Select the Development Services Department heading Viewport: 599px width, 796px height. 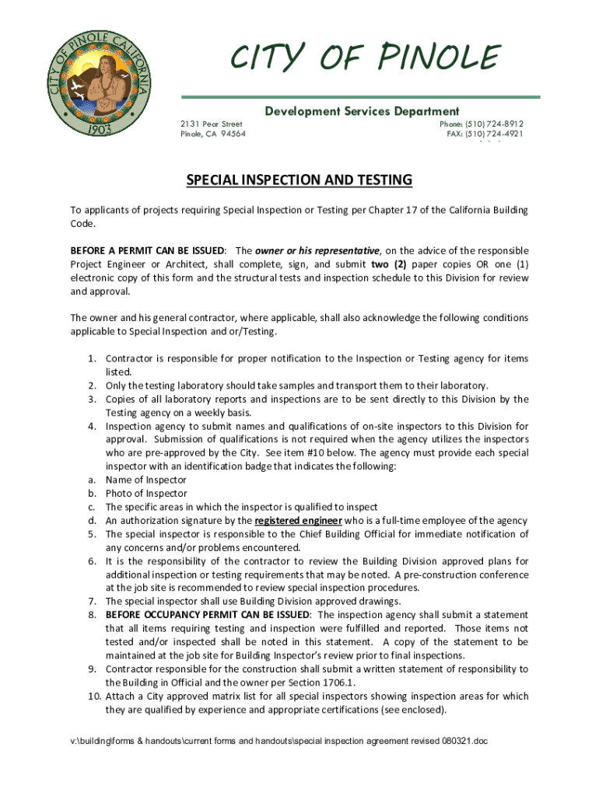click(362, 111)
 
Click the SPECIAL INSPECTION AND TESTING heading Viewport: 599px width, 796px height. click(299, 181)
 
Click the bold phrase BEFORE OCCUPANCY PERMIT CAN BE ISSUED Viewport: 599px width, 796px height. click(208, 615)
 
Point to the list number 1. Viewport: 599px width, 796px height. click(91, 359)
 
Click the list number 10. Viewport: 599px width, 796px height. click(93, 696)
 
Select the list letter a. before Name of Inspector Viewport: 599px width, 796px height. click(91, 480)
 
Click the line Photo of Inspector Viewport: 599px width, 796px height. click(146, 494)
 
